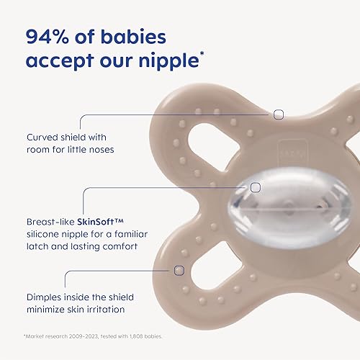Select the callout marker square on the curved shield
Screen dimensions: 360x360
279,114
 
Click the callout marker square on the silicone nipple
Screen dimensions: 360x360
255,187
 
